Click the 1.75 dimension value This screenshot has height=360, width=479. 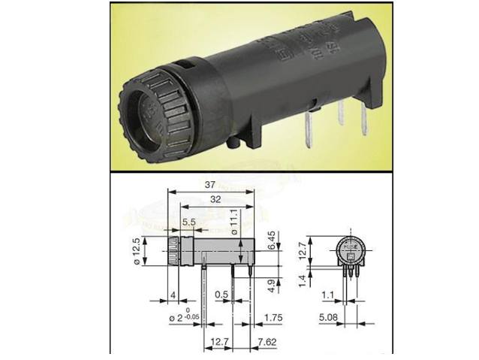tap(274, 319)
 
